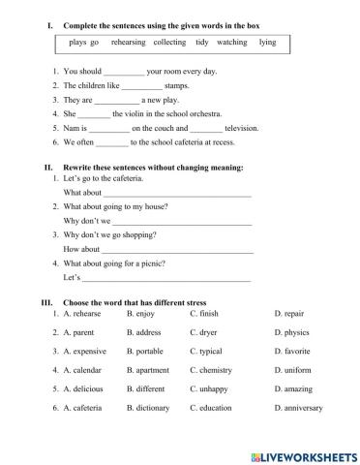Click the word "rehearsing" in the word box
pyautogui.click(x=130, y=43)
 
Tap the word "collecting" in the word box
pyautogui.click(x=168, y=43)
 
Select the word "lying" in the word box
pyautogui.click(x=267, y=43)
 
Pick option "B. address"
pyautogui.click(x=144, y=332)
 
